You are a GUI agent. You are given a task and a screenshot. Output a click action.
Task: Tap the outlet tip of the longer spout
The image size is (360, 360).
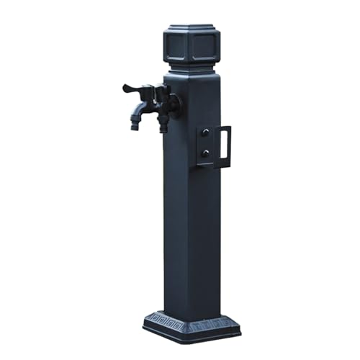tap(135, 126)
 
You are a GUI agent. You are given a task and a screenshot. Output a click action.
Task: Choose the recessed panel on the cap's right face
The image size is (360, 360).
tap(206, 48)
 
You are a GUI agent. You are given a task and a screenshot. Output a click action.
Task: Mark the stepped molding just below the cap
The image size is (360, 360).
tap(191, 69)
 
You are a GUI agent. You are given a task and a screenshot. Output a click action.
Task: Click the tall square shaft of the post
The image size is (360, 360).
tap(191, 216)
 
